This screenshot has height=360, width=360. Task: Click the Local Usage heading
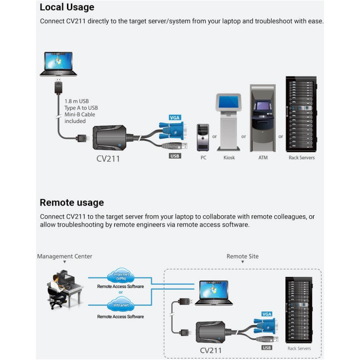coord(67,7)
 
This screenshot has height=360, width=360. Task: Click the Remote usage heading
coord(72,202)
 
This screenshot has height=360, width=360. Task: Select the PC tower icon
coord(203,137)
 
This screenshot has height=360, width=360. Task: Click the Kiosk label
coord(229,158)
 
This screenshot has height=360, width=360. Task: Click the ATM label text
coord(263,158)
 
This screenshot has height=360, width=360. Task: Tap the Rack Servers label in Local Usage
coord(301,158)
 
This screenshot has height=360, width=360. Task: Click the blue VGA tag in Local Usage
coord(175,118)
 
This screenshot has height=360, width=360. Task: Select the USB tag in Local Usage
coord(175,156)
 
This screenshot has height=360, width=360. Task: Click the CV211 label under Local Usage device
coord(108,159)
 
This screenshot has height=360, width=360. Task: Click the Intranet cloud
coord(121,305)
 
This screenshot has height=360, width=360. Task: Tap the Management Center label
coord(65,256)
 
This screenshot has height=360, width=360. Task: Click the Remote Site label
coord(242,256)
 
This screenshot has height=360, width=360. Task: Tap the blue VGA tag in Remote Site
coord(267,314)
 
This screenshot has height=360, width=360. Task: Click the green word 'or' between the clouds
coord(121,292)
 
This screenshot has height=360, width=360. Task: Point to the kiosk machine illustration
coord(228,122)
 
